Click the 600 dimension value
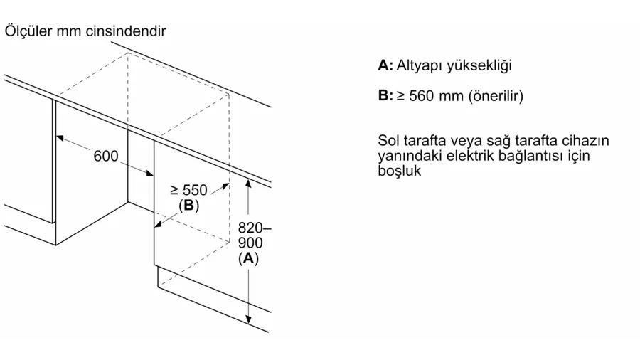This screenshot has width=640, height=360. point(106,156)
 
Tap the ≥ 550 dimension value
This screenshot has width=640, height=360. point(188,190)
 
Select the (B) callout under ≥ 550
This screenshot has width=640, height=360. point(188,206)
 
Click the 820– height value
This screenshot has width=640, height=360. point(255,228)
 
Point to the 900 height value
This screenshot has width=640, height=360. point(250,243)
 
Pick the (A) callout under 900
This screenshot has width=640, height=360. point(249,258)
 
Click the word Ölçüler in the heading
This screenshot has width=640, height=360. point(28,31)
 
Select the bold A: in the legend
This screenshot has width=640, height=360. point(385,65)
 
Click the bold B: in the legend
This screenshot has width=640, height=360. point(385,95)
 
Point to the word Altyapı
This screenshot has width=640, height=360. point(419,66)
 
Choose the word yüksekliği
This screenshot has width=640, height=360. point(479,66)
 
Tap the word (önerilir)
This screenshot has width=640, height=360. point(496,96)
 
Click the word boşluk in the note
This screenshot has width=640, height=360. point(399,171)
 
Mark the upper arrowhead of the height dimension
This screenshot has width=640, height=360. point(248,183)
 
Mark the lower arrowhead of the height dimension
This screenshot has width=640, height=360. point(248,319)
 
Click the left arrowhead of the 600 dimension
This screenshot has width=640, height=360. point(60,137)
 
